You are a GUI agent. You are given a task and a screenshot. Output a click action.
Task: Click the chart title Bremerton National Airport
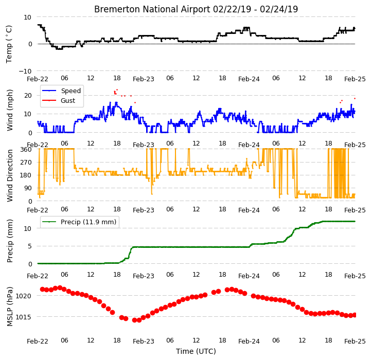tap(152, 9)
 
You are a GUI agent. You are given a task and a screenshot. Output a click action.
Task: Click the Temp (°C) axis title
tap(9, 44)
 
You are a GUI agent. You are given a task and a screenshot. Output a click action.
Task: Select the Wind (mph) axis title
tap(9, 110)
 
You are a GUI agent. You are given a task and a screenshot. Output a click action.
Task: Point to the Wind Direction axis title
tap(9, 175)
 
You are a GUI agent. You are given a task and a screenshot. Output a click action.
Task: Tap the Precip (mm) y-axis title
tap(9, 241)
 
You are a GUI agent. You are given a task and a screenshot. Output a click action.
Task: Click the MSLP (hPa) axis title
tap(9, 307)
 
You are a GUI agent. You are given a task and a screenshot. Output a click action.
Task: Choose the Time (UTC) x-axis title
tap(196, 351)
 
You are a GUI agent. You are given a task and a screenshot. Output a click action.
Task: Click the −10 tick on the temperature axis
tap(25, 71)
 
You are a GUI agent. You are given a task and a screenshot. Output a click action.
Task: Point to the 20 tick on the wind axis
tap(28, 95)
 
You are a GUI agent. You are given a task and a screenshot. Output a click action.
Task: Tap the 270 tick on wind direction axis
tap(26, 163)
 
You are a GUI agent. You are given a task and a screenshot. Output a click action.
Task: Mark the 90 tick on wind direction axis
tap(28, 188)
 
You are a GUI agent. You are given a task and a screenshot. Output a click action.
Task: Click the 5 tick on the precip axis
tap(30, 246)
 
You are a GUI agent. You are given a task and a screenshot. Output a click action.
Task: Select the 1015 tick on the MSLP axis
tap(24, 317)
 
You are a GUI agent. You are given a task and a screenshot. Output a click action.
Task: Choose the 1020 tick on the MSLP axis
tap(24, 296)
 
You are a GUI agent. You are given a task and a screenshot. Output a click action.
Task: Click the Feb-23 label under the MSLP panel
tap(144, 341)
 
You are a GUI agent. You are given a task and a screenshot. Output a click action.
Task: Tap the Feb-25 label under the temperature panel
tap(355, 79)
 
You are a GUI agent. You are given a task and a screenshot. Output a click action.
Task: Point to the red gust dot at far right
tap(355, 98)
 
